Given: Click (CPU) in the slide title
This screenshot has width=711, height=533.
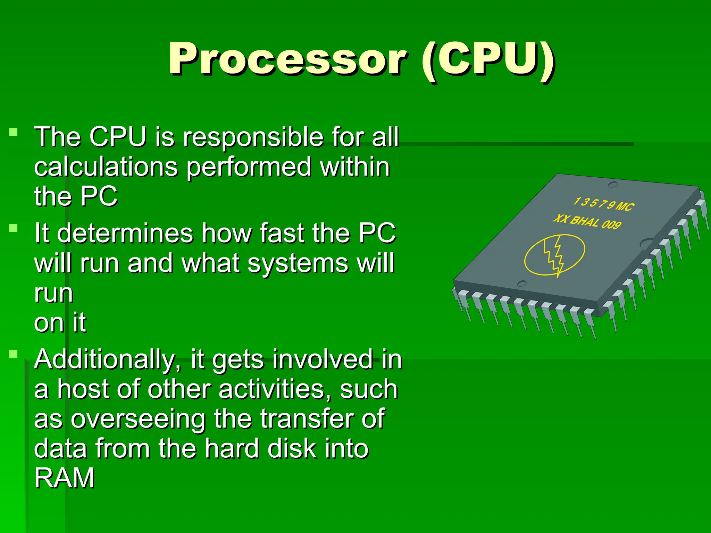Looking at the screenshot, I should pyautogui.click(x=487, y=60).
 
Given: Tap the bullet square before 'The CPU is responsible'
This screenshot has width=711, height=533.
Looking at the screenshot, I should pyautogui.click(x=14, y=132).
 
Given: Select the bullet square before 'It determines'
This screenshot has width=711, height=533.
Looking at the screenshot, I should pyautogui.click(x=14, y=228).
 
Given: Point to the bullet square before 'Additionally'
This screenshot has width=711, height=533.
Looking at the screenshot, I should pyautogui.click(x=14, y=354).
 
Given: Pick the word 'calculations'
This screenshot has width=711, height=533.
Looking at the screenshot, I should pyautogui.click(x=106, y=167).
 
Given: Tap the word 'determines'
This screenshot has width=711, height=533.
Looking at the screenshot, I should pyautogui.click(x=125, y=233).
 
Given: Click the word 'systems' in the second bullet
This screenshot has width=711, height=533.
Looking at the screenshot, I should pyautogui.click(x=297, y=263).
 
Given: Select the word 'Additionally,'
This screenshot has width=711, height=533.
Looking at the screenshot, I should pyautogui.click(x=108, y=360).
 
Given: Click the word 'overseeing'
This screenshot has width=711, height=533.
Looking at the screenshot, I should pyautogui.click(x=138, y=420).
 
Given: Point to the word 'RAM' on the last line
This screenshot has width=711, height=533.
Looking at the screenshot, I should pyautogui.click(x=64, y=478).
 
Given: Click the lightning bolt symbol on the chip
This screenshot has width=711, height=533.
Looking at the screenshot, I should pyautogui.click(x=554, y=255).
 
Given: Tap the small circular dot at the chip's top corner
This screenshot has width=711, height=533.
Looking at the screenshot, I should pyautogui.click(x=613, y=184).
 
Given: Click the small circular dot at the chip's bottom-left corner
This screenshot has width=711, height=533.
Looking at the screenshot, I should pyautogui.click(x=522, y=284).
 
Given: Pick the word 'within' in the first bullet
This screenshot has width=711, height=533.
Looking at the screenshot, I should pyautogui.click(x=355, y=167).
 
